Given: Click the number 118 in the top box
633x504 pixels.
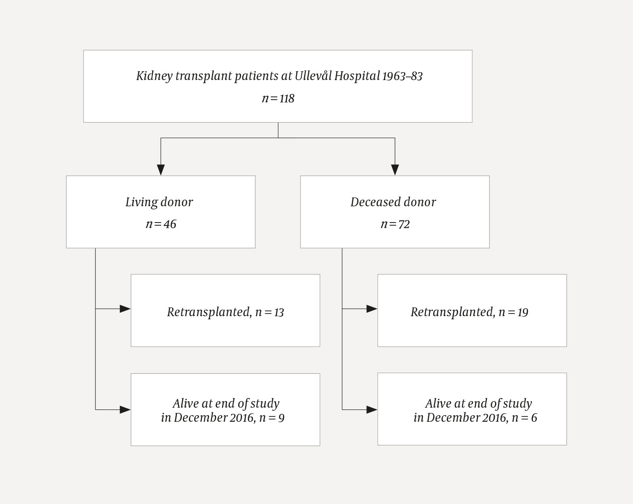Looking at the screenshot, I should [287, 99].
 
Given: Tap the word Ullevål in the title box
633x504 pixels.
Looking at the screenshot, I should [313, 76].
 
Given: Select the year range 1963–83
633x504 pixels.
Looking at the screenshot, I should [402, 77].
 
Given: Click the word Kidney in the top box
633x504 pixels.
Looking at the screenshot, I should [154, 77].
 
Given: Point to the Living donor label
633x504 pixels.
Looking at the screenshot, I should [159, 202].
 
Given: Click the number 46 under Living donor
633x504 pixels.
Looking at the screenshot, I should [170, 224].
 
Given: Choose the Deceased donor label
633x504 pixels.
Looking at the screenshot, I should [393, 202].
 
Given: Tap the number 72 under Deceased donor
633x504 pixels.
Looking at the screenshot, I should [404, 224].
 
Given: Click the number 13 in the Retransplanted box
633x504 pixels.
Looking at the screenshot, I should [279, 312].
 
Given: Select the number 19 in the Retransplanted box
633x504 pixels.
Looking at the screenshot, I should [523, 312].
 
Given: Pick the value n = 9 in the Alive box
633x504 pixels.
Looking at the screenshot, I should [272, 417].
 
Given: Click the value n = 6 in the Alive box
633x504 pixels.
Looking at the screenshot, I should [524, 417].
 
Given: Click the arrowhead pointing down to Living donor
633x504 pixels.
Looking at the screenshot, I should [161, 169].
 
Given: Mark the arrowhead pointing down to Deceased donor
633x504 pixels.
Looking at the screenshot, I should [395, 169].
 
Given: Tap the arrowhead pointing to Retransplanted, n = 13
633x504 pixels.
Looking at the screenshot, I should [125, 309].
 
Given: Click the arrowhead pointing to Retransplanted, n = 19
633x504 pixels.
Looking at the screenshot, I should [372, 309].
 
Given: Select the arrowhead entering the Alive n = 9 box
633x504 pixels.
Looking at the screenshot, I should [125, 409].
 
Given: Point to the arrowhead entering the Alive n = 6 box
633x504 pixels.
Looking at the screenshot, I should [372, 409].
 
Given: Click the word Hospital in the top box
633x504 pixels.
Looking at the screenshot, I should [357, 76].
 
